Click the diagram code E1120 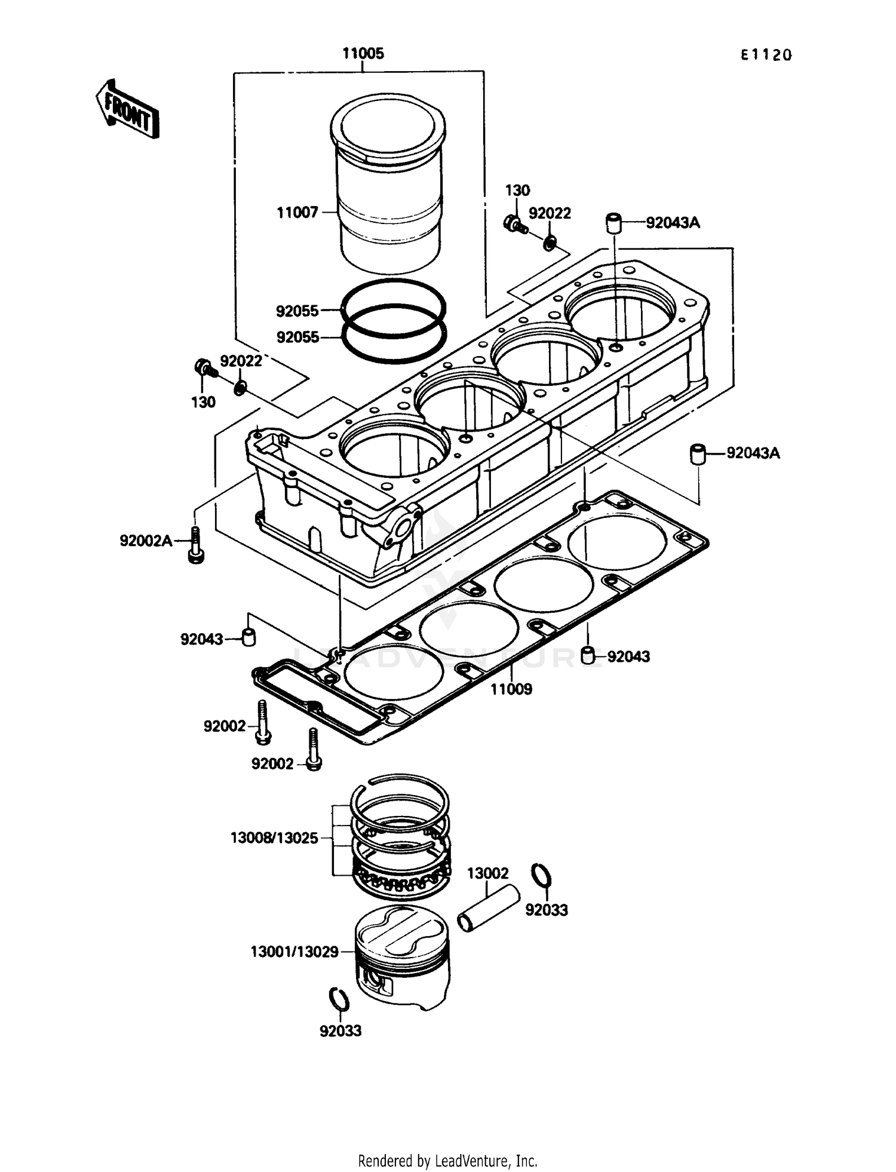point(766,55)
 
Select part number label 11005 point(363,54)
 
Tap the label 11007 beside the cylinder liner point(297,212)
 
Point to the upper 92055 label point(297,311)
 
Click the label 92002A point(146,541)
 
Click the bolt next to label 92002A point(195,545)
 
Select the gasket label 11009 point(511,689)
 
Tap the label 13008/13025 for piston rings point(274,837)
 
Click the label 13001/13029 point(294,952)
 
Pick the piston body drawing point(401,956)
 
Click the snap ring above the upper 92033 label point(541,876)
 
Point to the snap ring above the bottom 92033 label point(339,999)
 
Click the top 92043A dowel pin point(614,223)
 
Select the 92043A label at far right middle point(753,453)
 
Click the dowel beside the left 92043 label point(248,637)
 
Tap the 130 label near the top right point(517,191)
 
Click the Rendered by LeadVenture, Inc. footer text point(447,1161)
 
